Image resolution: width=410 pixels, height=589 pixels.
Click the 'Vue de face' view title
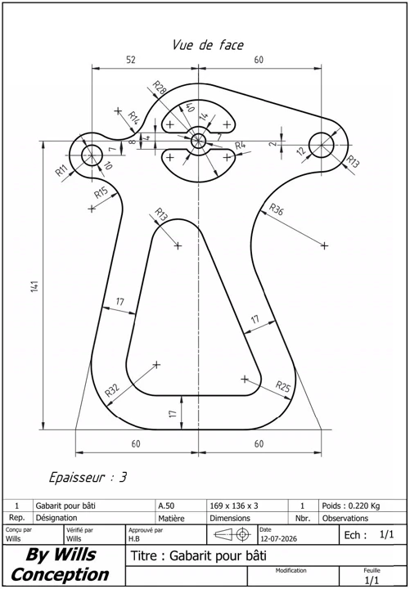point(208,45)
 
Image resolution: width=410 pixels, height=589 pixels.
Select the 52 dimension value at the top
point(131,60)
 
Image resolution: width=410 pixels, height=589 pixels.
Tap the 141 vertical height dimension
point(36,286)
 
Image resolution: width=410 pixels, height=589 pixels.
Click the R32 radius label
point(112,391)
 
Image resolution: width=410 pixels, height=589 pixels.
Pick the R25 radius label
point(283,386)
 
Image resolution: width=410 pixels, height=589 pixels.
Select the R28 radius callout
point(160,88)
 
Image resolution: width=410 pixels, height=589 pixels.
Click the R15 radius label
point(101,193)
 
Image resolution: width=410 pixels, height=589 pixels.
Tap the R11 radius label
point(61,170)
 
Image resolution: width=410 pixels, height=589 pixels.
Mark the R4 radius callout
point(241,145)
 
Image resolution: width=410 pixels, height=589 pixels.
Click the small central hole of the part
point(198,142)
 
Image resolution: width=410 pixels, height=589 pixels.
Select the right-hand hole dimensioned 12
point(321,145)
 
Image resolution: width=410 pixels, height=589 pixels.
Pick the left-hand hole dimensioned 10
point(92,155)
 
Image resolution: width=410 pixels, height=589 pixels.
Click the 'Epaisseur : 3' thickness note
point(88,478)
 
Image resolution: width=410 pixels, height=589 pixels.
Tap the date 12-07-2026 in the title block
point(278,538)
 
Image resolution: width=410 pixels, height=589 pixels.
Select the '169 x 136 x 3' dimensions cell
point(234,506)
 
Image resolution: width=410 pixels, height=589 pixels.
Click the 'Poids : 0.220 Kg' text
point(351,506)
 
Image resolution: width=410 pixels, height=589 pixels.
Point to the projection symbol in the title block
point(232,533)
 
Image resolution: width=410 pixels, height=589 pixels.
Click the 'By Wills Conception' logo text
point(61,564)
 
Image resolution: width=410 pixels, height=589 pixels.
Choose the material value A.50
point(166,506)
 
